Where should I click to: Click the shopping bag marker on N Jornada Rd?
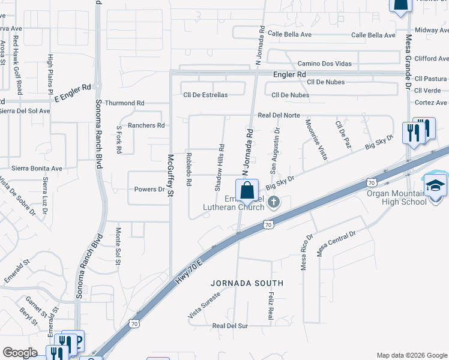coord(247,191)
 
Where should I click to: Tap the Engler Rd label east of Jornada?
coord(289,74)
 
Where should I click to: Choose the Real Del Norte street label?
coord(279,115)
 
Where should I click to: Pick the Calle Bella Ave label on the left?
coord(290,34)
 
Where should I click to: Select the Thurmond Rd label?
coord(125,103)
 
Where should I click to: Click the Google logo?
coord(20,353)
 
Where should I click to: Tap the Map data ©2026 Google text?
coord(411,355)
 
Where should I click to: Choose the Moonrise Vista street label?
coord(316,140)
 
